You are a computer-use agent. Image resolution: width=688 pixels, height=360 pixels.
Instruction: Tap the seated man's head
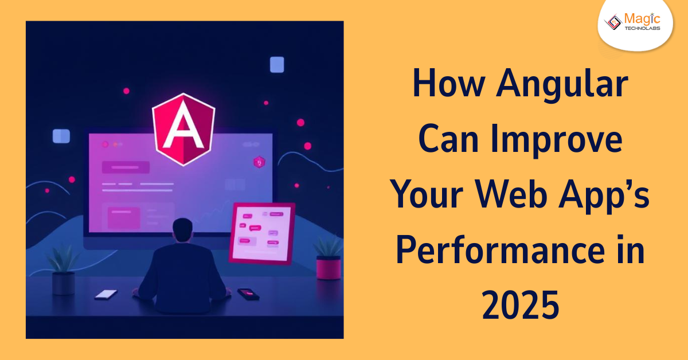[184, 231]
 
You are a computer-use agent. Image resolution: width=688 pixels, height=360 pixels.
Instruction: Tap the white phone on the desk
[106, 294]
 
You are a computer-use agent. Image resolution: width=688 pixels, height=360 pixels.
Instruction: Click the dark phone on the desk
[247, 294]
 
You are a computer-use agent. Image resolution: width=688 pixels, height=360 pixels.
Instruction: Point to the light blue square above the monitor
[277, 65]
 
